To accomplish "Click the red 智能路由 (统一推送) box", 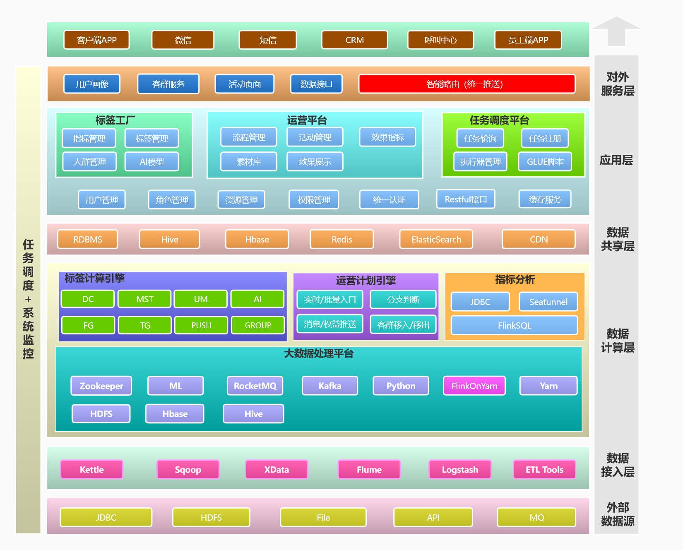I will pos(467,84).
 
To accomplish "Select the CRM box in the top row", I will pos(354,40).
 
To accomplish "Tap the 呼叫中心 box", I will pos(440,40).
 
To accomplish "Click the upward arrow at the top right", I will pos(616,31).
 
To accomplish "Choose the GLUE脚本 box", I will pos(545,162).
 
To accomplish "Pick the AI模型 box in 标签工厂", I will pos(152,162).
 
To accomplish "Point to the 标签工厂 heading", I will pos(115,120).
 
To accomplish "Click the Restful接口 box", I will pos(466,199).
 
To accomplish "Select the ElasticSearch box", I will pos(436,240).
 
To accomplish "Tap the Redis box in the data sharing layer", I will pos(341,240).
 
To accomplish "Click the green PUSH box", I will pos(201,325).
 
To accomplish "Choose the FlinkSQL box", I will pos(514,326).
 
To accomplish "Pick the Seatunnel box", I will pos(548,302).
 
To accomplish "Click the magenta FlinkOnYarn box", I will pos(474,386).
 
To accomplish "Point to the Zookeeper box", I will pos(101,386).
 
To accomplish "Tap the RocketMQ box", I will pos(255,386).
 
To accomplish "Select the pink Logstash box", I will pos(459,470).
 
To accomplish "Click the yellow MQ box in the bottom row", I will pos(536,518).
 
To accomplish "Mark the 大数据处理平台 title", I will pos(318,354).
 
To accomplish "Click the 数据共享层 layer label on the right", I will pos(617,239).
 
